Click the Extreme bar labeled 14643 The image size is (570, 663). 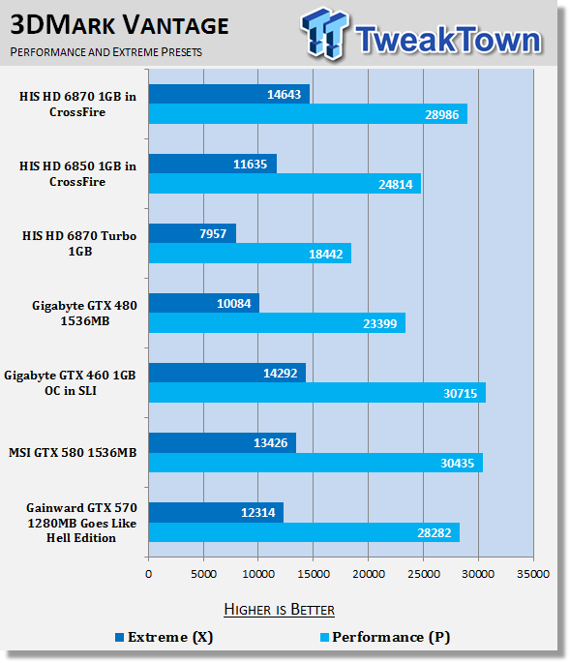pos(228,94)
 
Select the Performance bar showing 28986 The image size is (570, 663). pos(308,114)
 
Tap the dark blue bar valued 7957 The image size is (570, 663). pos(193,233)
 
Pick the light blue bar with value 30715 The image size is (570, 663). pos(317,393)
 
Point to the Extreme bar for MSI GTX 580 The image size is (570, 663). pos(223,442)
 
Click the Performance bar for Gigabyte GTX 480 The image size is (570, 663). pos(277,323)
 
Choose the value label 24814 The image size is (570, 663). pos(396,184)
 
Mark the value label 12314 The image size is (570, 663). pos(258,512)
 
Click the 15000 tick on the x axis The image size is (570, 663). pos(314,574)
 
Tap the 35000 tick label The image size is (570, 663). pos(533,574)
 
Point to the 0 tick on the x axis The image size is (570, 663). pos(148,574)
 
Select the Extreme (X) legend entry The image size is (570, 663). pos(165,637)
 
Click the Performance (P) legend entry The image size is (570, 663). pos(385,637)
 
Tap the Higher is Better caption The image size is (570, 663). pos(279,610)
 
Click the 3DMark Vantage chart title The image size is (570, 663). pos(119,25)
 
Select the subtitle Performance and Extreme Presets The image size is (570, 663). pos(106,52)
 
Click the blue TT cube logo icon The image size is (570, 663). pos(325,33)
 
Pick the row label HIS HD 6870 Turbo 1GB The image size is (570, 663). pos(79,244)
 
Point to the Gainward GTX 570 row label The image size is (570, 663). pos(81,523)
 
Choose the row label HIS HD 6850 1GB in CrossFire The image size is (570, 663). pos(77,174)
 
